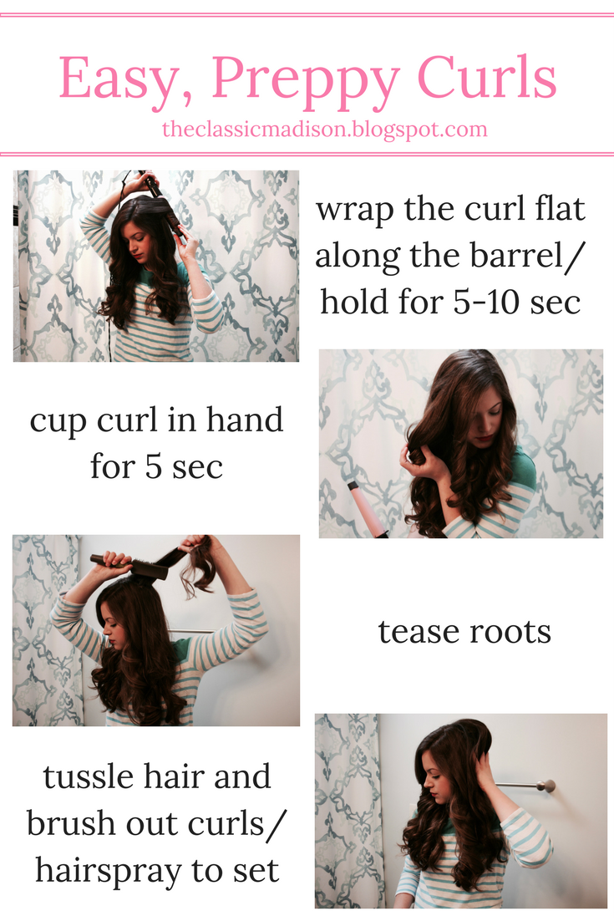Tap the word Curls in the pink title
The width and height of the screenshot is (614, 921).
pyautogui.click(x=487, y=76)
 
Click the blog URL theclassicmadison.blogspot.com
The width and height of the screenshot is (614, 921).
pyautogui.click(x=325, y=130)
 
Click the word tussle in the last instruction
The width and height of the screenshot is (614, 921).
pyautogui.click(x=88, y=776)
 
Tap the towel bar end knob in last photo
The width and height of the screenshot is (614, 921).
pyautogui.click(x=549, y=786)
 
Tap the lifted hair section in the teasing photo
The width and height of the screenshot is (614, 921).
pyautogui.click(x=196, y=564)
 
